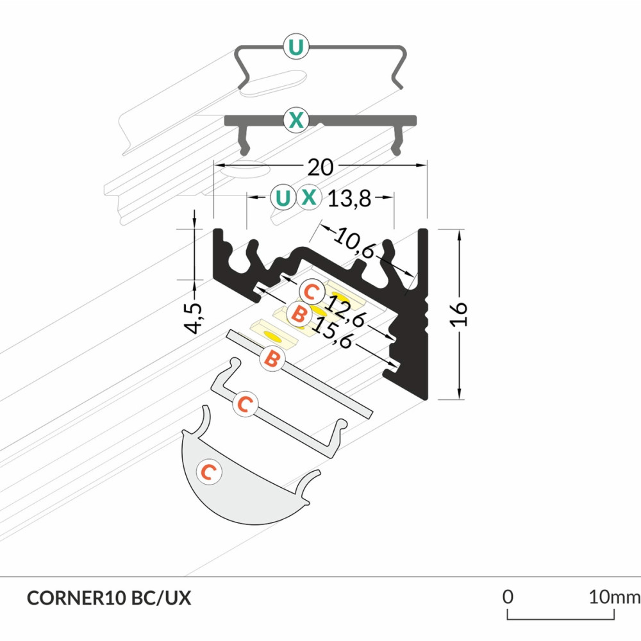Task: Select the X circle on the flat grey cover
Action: pos(296,119)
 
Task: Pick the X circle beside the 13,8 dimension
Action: pos(309,197)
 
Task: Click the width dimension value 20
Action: pos(320,167)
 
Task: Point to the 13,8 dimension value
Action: pos(349,199)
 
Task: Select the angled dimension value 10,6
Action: pos(354,246)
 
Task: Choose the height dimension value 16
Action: pos(460,314)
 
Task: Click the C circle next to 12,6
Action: pos(311,293)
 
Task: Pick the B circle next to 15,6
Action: pos(298,314)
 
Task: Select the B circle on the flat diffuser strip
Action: pos(272,359)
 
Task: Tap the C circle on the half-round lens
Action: pos(208,472)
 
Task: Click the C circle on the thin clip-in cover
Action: pos(244,404)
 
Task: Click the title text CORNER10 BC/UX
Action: pos(109,598)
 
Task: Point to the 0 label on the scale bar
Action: pos(508,597)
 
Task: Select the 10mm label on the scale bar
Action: pos(614,597)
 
